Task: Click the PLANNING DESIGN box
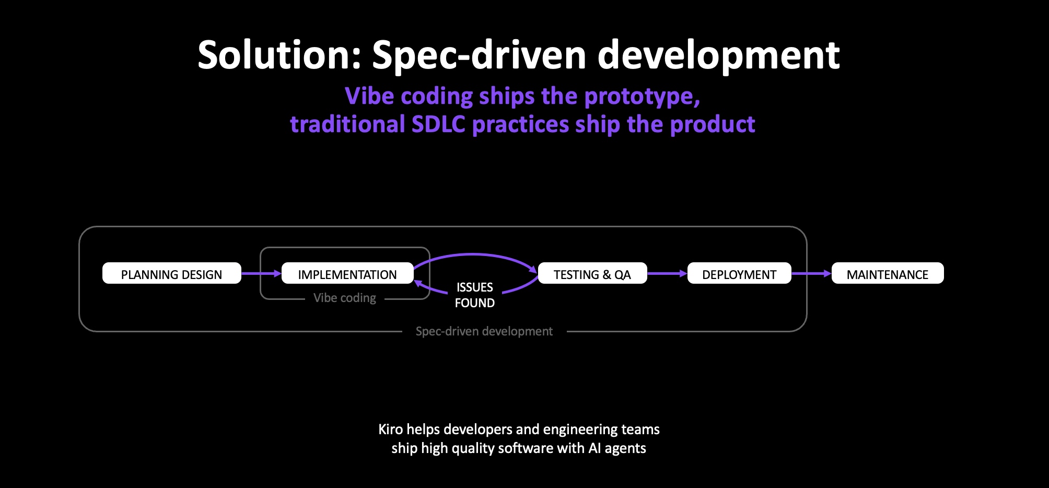[x=171, y=273]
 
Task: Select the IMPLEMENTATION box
[x=347, y=273]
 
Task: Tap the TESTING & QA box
[x=592, y=273]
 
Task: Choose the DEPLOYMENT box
[x=739, y=273]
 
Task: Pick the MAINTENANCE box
[x=888, y=273]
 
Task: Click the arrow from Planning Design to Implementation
[x=261, y=273]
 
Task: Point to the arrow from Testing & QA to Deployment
[x=667, y=273]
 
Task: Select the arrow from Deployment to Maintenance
[x=811, y=273]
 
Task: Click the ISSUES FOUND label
[x=474, y=295]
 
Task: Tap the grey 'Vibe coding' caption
[x=345, y=298]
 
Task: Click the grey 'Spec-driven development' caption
[x=484, y=331]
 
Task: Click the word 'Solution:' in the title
[x=279, y=55]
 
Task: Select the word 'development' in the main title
[x=718, y=55]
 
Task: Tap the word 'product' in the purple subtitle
[x=713, y=124]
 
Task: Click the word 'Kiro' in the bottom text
[x=390, y=429]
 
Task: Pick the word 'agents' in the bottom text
[x=625, y=448]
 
